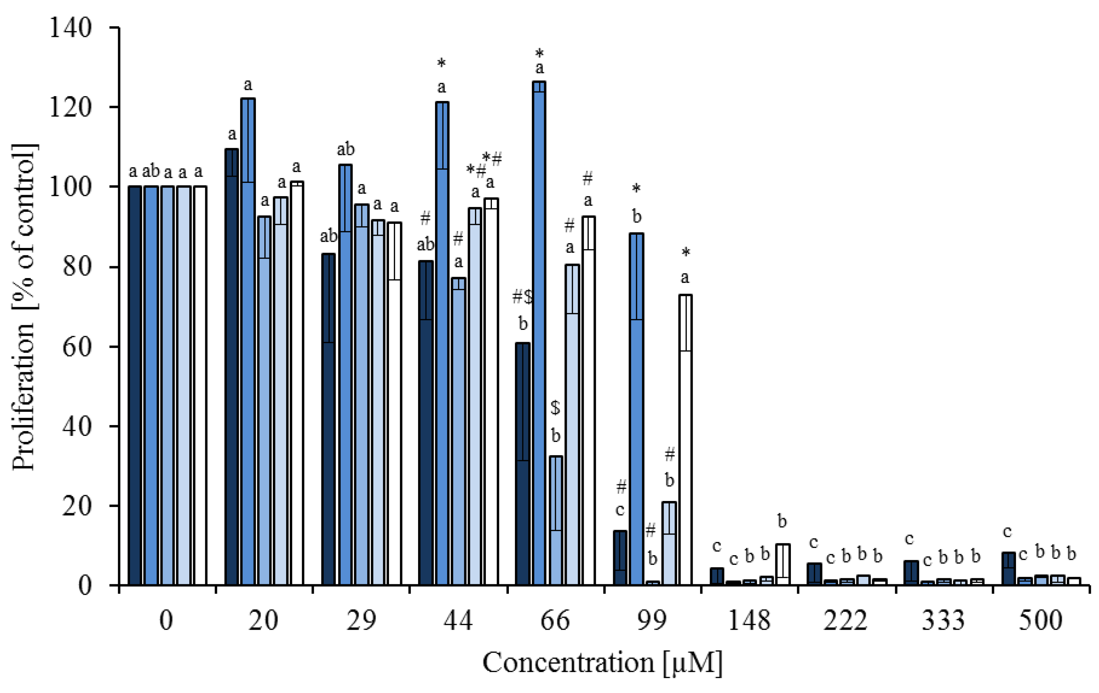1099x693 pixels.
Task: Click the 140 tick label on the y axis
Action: click(70, 28)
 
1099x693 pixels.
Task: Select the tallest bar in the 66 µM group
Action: click(539, 333)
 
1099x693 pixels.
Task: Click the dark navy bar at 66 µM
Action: click(522, 464)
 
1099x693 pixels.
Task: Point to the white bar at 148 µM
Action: click(783, 565)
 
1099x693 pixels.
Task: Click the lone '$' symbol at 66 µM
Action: click(555, 407)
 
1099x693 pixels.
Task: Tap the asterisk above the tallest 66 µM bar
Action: click(539, 52)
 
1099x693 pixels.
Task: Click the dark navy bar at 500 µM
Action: click(1008, 569)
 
